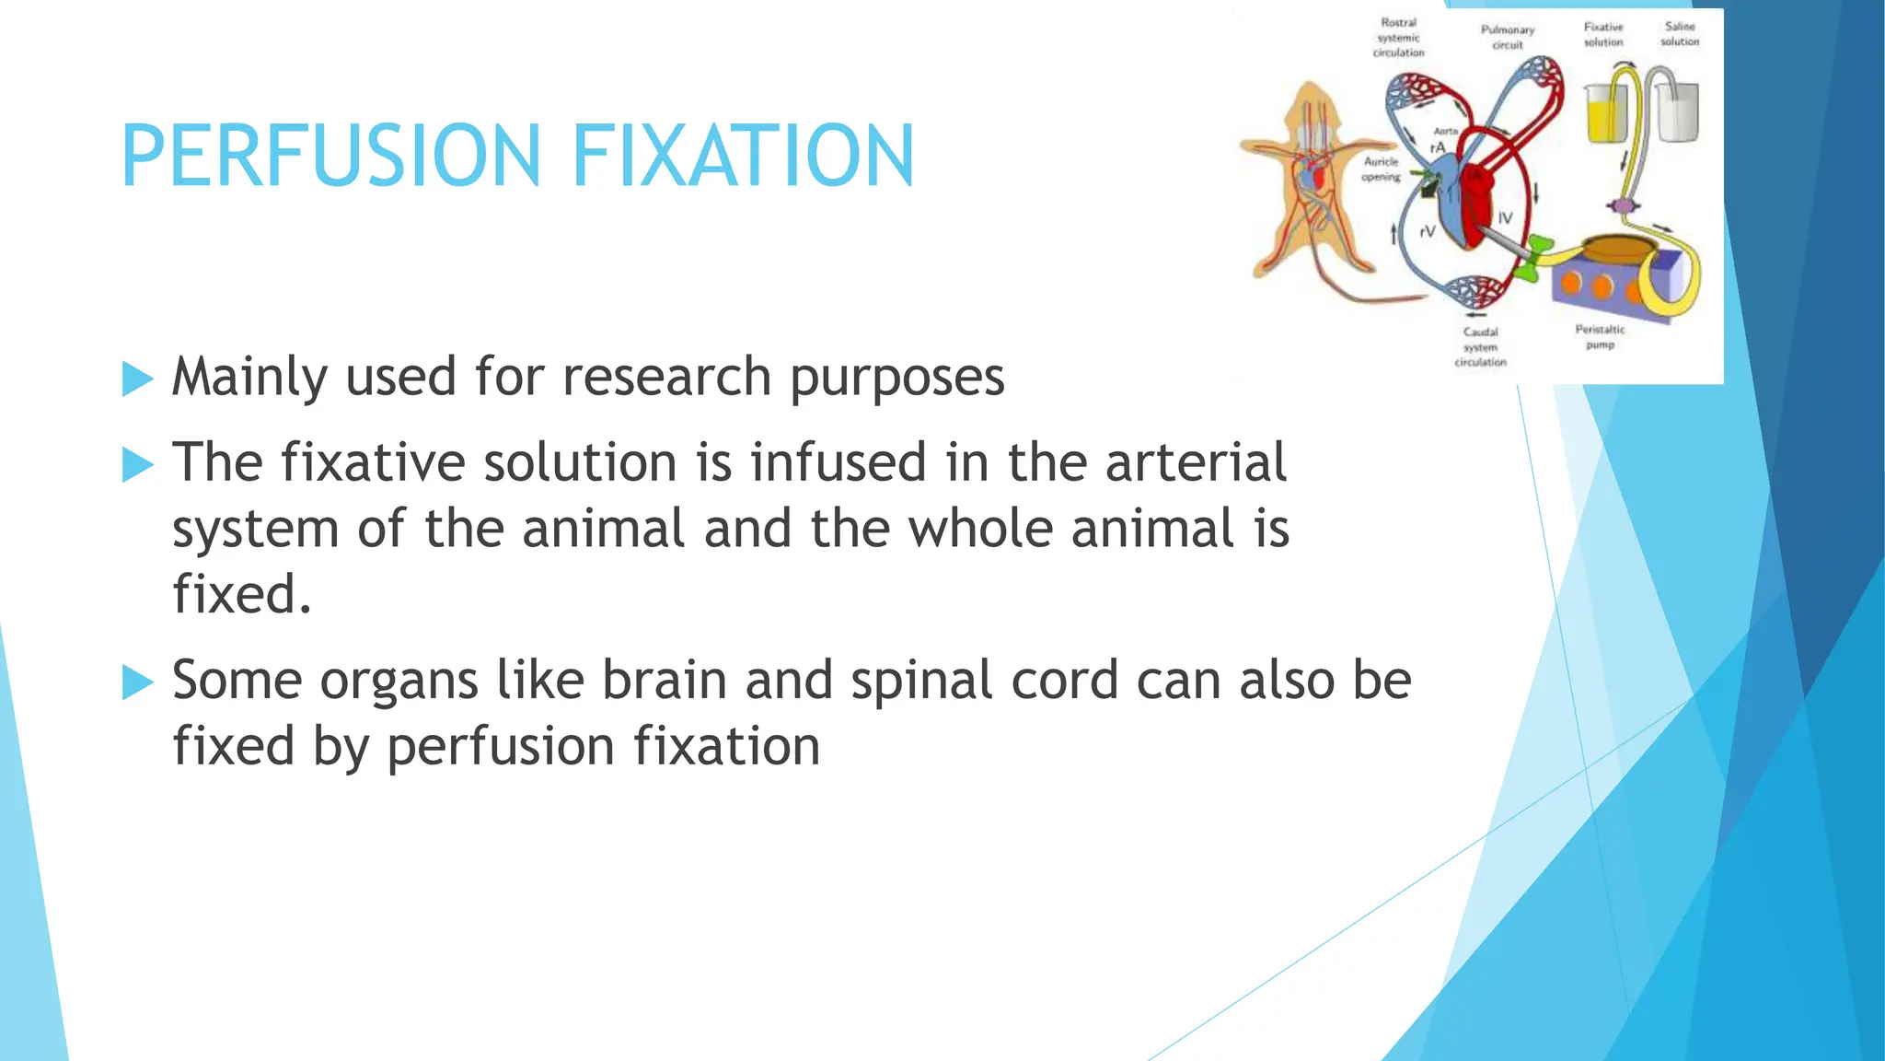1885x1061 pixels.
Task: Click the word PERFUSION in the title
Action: click(x=331, y=156)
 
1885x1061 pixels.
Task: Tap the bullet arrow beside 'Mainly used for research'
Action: click(x=137, y=379)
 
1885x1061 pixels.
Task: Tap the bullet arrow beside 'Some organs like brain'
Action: click(x=137, y=682)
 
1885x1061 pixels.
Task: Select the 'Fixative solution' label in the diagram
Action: click(x=1603, y=35)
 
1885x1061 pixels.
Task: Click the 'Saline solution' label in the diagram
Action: click(x=1680, y=34)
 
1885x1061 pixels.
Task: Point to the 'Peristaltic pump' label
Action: click(x=1600, y=336)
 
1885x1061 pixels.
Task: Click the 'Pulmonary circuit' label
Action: click(x=1507, y=37)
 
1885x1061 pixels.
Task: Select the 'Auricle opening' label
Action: click(x=1381, y=169)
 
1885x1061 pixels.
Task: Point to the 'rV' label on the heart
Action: click(x=1428, y=232)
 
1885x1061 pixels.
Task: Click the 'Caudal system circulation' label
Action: click(x=1480, y=346)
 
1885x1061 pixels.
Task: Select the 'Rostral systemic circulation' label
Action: click(x=1398, y=38)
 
